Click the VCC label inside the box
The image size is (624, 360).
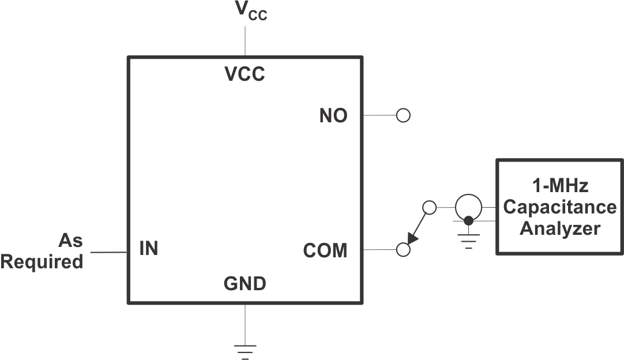tap(245, 74)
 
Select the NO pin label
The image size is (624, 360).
tap(333, 116)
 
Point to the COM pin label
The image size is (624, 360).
tap(325, 251)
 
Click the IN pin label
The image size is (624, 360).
tap(148, 249)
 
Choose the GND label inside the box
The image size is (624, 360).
tap(245, 284)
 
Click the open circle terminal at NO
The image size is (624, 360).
tap(403, 116)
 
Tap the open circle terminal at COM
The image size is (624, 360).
tap(403, 250)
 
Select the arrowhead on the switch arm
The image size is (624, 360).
tap(413, 237)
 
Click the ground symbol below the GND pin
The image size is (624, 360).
tap(245, 350)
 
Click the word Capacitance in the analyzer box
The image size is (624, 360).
tap(559, 207)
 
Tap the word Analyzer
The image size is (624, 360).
tap(559, 228)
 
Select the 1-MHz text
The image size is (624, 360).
tap(559, 186)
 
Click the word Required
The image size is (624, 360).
tap(42, 261)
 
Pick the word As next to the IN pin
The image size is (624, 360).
tap(70, 240)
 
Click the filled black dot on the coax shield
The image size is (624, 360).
tap(469, 220)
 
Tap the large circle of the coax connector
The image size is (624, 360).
tap(468, 207)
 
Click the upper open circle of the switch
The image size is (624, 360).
tap(428, 207)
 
